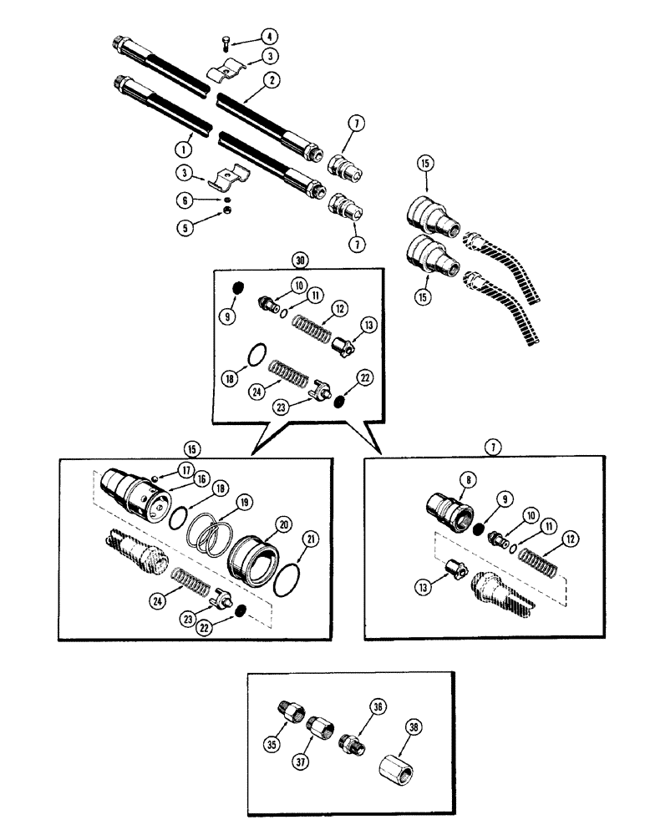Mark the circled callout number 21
pyautogui.click(x=312, y=542)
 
